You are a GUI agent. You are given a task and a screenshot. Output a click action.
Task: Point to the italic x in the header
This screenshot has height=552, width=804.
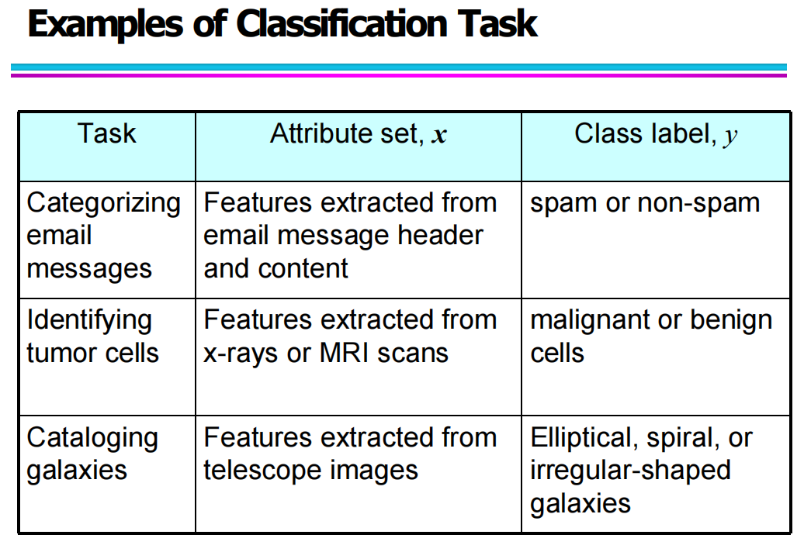coord(440,136)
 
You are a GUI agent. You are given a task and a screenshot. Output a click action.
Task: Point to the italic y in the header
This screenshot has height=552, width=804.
coord(730,137)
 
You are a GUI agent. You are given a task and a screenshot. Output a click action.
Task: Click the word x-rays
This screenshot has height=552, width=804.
coord(241,354)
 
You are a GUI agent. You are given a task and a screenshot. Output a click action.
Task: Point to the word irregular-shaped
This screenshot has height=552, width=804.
coord(630,471)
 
